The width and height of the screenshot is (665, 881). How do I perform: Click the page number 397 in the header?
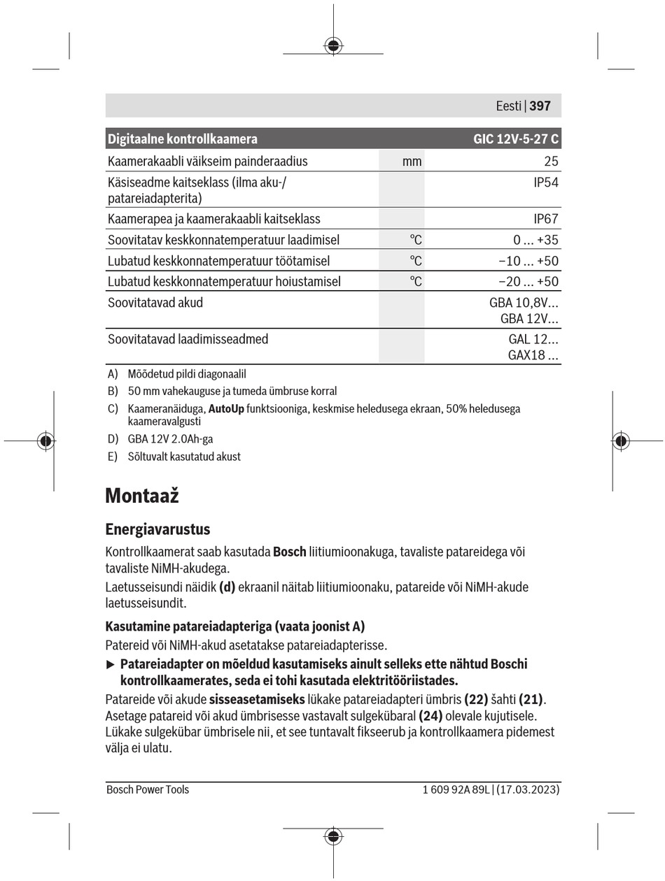[x=540, y=106]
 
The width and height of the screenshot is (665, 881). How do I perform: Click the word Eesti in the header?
[x=509, y=106]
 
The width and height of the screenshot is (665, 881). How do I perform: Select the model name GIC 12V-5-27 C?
[x=516, y=139]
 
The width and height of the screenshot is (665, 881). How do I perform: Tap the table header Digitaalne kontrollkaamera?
[x=183, y=139]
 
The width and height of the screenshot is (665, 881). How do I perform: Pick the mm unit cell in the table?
[x=412, y=162]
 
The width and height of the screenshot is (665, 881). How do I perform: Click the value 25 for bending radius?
[x=551, y=162]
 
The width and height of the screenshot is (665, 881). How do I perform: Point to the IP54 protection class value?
[x=546, y=182]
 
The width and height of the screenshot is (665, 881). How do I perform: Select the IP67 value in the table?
[x=546, y=219]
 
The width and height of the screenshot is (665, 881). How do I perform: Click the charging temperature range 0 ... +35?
[x=535, y=240]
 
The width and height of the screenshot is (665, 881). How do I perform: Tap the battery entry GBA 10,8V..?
[x=524, y=303]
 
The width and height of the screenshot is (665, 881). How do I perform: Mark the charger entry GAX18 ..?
[x=533, y=355]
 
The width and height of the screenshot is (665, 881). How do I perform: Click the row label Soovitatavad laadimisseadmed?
[x=188, y=339]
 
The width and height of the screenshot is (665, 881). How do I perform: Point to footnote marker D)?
[x=113, y=439]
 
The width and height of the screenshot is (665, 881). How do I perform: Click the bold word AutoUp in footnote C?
[x=226, y=408]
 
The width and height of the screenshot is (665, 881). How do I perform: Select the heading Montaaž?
[x=142, y=496]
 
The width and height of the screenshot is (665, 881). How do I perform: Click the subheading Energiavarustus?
[x=157, y=529]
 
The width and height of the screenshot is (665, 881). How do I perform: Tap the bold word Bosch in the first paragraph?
[x=289, y=552]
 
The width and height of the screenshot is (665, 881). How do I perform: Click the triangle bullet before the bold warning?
[x=110, y=664]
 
